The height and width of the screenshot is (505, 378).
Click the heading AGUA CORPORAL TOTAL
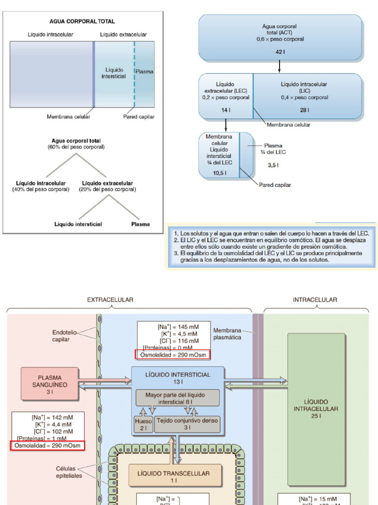[82, 21]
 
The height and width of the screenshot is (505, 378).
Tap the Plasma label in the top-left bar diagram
[144, 72]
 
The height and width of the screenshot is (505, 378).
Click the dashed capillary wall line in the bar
[134, 74]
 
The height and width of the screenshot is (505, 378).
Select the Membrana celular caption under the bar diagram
[68, 117]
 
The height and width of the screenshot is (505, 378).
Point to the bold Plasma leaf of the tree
[140, 224]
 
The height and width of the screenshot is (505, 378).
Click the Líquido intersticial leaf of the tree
[78, 224]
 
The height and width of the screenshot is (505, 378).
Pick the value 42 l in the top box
[280, 51]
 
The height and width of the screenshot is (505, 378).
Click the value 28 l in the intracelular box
[304, 110]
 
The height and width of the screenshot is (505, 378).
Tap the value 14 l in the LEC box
[225, 110]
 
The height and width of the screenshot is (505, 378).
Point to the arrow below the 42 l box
[280, 67]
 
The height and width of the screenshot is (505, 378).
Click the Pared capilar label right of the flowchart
[275, 185]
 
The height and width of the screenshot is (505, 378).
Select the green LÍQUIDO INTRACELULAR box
[316, 409]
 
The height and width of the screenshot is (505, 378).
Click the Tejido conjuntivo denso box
[188, 425]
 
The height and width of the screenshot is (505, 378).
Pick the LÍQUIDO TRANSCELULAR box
[173, 476]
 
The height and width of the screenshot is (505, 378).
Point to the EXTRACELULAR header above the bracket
[110, 299]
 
